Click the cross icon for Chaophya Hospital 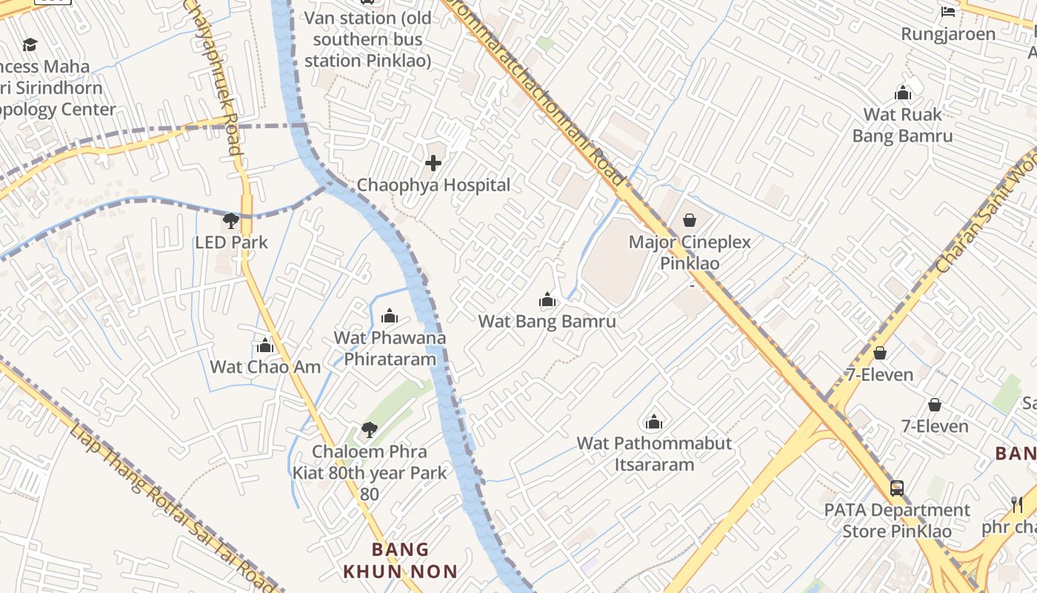coord(433,163)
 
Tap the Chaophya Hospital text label coord(433,185)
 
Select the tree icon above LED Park coord(231,220)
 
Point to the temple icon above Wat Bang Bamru coord(547,299)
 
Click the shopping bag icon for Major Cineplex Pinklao coord(690,220)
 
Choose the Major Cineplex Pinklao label coord(690,252)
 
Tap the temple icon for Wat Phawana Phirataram coord(390,317)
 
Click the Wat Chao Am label coord(265,367)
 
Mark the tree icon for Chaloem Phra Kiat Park coord(369,429)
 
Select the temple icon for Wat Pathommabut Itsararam coord(654,422)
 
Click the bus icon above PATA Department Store coord(897,488)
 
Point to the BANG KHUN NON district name coord(400,560)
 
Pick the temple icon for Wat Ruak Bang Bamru coord(903,93)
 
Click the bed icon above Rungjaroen coord(948,11)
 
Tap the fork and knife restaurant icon coord(1017,505)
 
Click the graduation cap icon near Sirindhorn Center coord(30,45)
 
